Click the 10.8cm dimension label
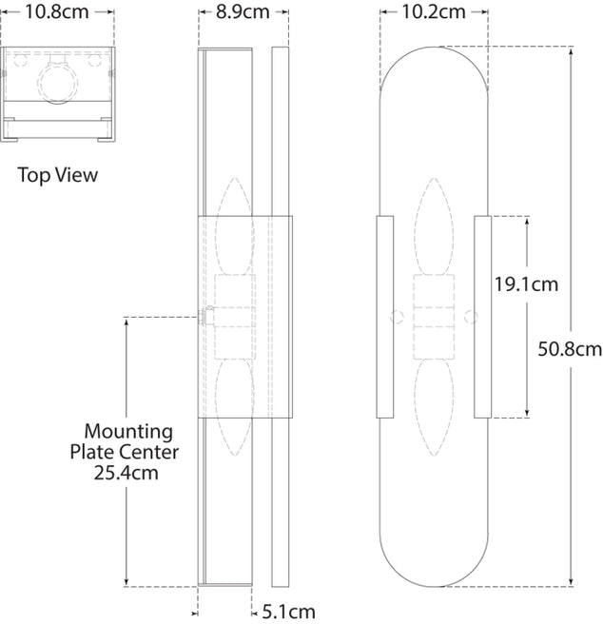[x=57, y=12]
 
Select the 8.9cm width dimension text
[x=243, y=12]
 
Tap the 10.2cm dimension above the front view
[x=433, y=12]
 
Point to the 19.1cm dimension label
[x=526, y=283]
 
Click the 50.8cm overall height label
[x=569, y=349]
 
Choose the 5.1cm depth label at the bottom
[x=288, y=612]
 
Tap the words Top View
[x=57, y=175]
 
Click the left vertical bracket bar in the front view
[x=385, y=318]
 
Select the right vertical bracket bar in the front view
[x=481, y=318]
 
